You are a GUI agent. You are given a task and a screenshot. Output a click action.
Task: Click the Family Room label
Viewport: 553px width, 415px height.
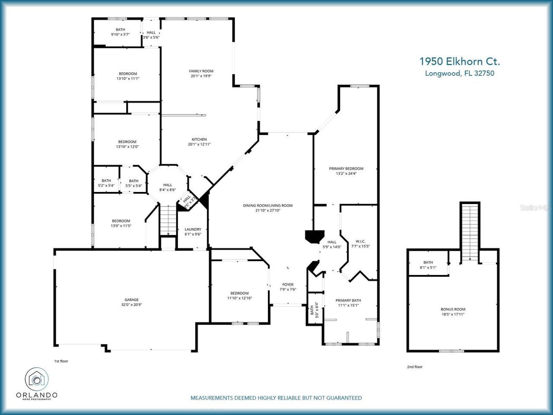point(201,71)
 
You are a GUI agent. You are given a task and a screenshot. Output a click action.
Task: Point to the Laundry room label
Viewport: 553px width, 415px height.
point(193,229)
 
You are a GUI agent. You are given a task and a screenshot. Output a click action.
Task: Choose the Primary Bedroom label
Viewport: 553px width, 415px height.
point(346,169)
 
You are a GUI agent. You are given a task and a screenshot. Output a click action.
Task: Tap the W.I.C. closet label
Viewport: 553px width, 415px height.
point(360,241)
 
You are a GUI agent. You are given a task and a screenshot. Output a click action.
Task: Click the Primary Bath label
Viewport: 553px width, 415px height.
point(348,300)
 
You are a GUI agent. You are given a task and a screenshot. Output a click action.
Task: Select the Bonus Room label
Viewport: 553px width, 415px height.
point(453,309)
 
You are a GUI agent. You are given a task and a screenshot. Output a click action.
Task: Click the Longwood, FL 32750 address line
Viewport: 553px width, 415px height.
point(460,73)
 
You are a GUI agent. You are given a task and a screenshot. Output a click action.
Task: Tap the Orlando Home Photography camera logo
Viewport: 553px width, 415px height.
point(37,379)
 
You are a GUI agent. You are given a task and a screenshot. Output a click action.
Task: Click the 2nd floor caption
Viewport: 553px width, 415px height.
point(415,367)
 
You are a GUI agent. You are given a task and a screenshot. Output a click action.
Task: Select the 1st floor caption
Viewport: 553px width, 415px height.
point(61,361)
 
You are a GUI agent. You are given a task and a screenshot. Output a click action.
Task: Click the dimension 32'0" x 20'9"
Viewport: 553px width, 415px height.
point(132,305)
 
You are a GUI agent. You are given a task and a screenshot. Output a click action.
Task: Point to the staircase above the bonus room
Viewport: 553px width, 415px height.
point(470,231)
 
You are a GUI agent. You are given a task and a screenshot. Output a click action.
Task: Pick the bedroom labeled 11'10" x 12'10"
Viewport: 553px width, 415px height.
point(239,296)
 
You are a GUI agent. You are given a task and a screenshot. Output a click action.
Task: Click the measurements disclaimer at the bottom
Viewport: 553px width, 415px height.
point(276,398)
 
